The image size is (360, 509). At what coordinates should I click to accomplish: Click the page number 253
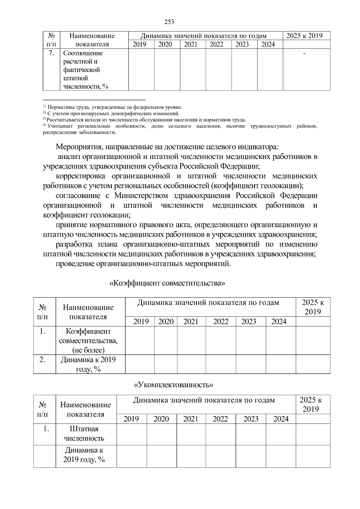tap(169, 22)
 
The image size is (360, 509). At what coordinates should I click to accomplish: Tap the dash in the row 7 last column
tap(304, 53)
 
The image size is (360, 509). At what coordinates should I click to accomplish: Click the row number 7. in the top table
tap(51, 53)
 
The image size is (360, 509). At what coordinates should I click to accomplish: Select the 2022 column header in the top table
tap(216, 44)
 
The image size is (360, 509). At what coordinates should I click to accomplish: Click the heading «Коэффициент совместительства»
tap(167, 283)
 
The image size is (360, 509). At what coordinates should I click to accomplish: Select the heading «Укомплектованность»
tap(174, 385)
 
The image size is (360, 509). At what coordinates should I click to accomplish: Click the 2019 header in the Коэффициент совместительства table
tap(141, 322)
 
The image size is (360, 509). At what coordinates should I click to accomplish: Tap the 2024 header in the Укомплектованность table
tap(281, 419)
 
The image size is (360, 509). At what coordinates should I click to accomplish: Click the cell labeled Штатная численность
tap(84, 434)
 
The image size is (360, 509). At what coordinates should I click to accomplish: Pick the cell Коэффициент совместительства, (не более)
tap(88, 341)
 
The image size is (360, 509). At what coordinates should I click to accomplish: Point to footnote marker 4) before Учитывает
tap(44, 126)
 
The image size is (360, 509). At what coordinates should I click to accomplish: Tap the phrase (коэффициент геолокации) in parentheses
tap(257, 186)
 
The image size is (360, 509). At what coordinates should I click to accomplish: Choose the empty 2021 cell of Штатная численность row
tap(191, 434)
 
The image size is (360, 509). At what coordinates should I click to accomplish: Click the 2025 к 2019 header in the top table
tap(304, 36)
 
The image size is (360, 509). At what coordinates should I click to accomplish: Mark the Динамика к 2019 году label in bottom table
tap(84, 455)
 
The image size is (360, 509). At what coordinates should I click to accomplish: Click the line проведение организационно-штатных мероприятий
tap(143, 264)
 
